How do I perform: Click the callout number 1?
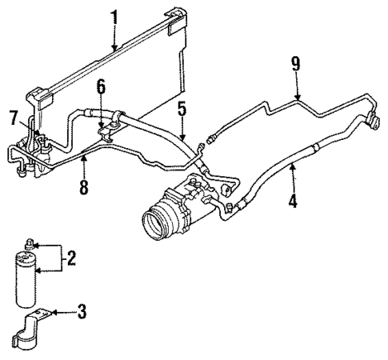[x=114, y=15]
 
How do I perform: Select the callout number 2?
[x=71, y=258]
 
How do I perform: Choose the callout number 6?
[x=101, y=86]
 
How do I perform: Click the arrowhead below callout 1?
[x=114, y=50]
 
